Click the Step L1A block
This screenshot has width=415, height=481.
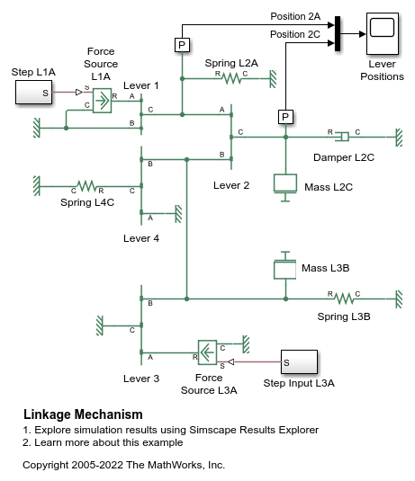tap(34, 92)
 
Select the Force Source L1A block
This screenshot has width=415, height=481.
tap(103, 101)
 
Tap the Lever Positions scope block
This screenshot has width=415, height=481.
tap(382, 34)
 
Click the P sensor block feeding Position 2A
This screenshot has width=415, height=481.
tap(182, 45)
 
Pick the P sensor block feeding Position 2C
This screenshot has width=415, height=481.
tap(285, 117)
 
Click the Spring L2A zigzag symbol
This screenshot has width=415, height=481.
tap(232, 78)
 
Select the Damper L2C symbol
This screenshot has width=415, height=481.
tap(342, 137)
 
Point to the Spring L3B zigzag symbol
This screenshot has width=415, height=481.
tap(344, 298)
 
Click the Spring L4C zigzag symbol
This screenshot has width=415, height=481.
tap(86, 186)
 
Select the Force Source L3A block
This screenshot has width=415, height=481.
tap(207, 352)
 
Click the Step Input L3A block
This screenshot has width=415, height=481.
tap(299, 362)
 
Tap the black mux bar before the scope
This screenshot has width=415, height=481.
tap(338, 34)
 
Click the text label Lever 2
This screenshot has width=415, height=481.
tap(231, 185)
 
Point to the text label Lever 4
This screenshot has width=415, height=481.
tap(141, 238)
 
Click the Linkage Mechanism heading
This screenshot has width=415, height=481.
tap(83, 414)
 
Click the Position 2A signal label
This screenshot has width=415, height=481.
tap(295, 16)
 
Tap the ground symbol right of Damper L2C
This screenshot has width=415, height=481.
tap(399, 138)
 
